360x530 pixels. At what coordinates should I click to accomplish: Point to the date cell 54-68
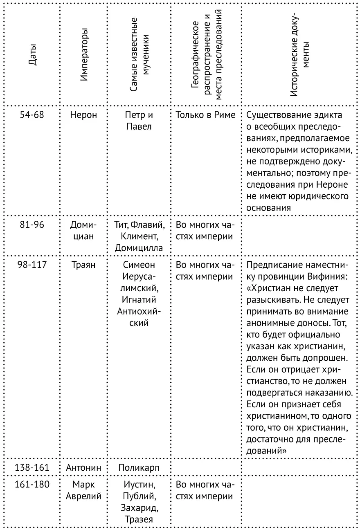click(x=32, y=115)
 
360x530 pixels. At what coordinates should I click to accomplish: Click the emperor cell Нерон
click(x=84, y=115)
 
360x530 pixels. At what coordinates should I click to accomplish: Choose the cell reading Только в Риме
click(x=206, y=115)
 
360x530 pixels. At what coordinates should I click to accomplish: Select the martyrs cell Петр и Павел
click(x=138, y=121)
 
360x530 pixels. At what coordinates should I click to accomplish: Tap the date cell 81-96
click(x=32, y=225)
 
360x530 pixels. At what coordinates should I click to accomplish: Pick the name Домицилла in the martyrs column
click(x=139, y=248)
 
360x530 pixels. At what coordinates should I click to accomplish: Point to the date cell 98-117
click(x=32, y=265)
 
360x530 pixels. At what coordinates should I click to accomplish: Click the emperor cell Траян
click(x=84, y=265)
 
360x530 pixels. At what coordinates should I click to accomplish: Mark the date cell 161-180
click(x=32, y=485)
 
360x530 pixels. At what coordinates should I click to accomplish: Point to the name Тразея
click(x=139, y=520)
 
